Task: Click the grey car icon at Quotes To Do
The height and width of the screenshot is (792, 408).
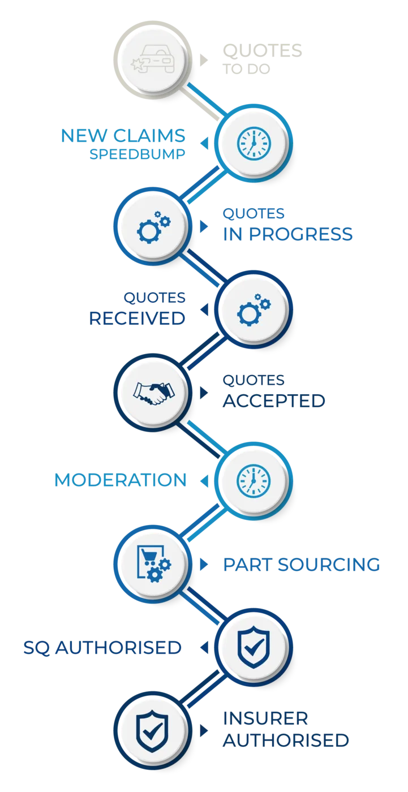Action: click(x=152, y=59)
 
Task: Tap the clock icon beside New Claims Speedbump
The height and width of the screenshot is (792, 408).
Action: click(x=254, y=144)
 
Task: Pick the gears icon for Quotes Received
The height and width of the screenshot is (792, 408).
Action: click(x=254, y=310)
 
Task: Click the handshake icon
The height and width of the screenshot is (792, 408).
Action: click(x=154, y=393)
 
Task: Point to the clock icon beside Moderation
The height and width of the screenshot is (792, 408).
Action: click(x=254, y=481)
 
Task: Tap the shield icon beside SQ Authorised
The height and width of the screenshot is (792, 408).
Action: click(x=254, y=647)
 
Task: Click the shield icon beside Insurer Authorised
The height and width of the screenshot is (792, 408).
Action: click(x=152, y=730)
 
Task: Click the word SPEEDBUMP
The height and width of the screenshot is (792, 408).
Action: click(x=137, y=154)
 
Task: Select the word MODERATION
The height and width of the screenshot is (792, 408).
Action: click(x=120, y=480)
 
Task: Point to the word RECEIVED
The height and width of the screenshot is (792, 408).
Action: click(x=137, y=318)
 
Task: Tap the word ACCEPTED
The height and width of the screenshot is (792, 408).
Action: click(x=274, y=401)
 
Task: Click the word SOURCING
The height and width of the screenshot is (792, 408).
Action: click(x=329, y=565)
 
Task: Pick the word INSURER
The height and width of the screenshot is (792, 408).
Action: click(x=265, y=718)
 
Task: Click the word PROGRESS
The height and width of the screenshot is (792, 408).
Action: click(x=301, y=234)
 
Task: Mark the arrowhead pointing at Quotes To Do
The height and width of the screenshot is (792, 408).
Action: click(x=204, y=60)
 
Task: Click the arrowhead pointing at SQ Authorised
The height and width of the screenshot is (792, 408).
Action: click(x=204, y=648)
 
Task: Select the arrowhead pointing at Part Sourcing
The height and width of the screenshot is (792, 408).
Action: click(x=204, y=565)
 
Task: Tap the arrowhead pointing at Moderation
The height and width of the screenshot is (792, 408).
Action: click(x=204, y=481)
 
